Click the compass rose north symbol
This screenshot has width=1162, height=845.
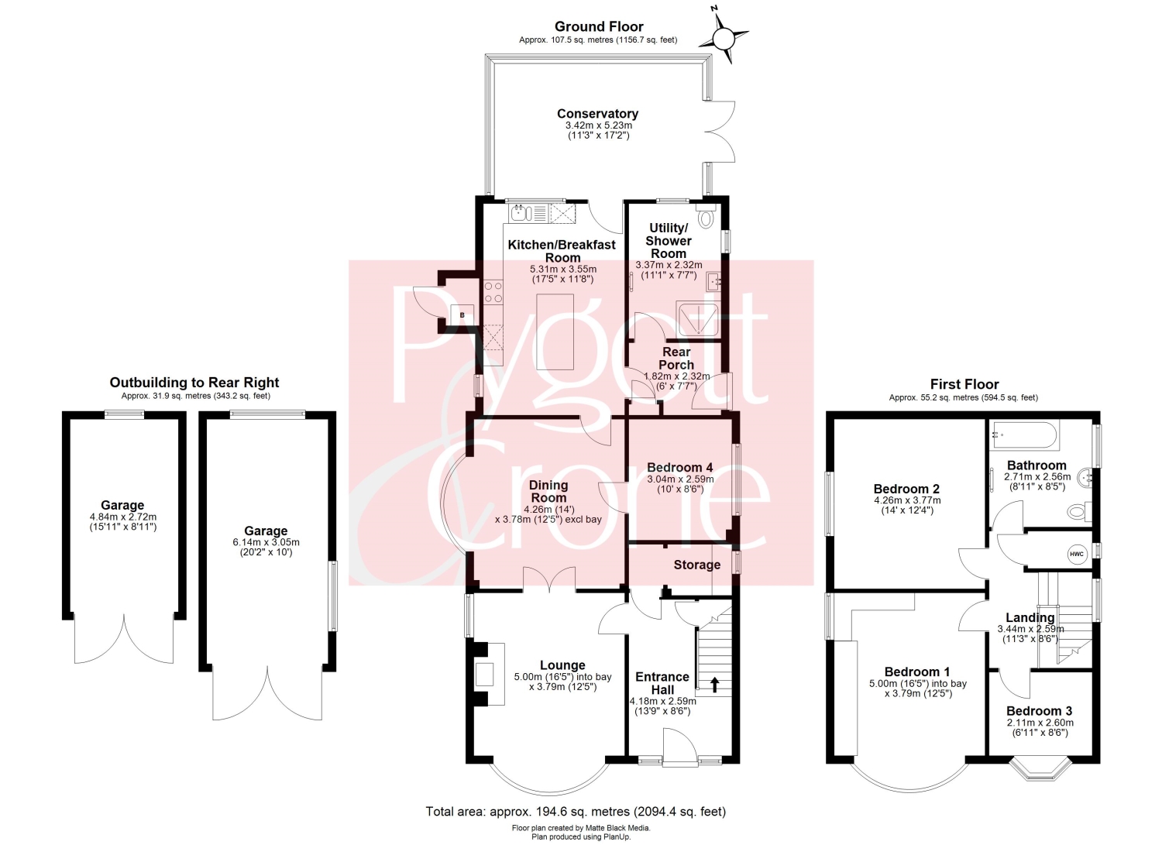pyautogui.click(x=723, y=39)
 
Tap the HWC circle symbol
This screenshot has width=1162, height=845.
pyautogui.click(x=1076, y=554)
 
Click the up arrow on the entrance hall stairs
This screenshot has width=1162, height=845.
pyautogui.click(x=714, y=685)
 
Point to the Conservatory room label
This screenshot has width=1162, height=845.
pyautogui.click(x=597, y=114)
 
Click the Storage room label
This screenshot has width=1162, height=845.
pyautogui.click(x=696, y=565)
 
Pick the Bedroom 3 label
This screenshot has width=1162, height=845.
pyautogui.click(x=1039, y=711)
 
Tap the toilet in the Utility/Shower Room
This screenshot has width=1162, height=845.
pyautogui.click(x=706, y=215)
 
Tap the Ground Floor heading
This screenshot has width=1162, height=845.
pyautogui.click(x=599, y=26)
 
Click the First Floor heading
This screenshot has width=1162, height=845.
pyautogui.click(x=964, y=384)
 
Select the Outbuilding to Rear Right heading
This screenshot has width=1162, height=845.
pyautogui.click(x=194, y=383)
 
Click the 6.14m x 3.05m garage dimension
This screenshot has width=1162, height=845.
pyautogui.click(x=266, y=542)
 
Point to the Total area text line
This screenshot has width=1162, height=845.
pyautogui.click(x=576, y=811)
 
